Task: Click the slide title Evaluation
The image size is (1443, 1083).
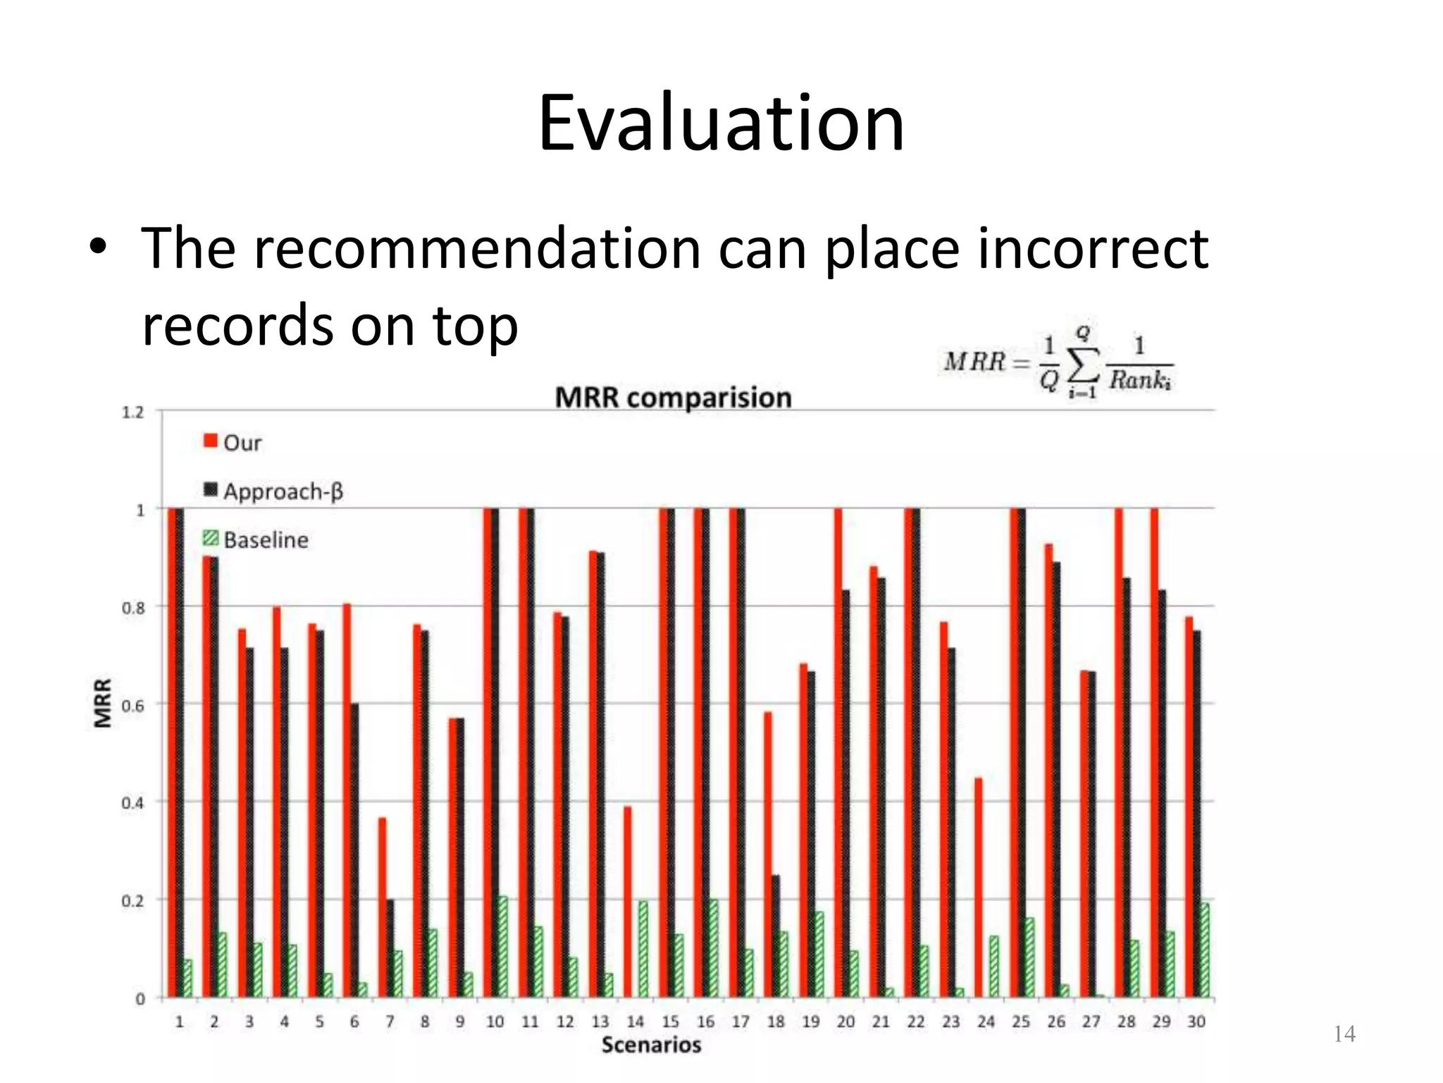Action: click(x=721, y=124)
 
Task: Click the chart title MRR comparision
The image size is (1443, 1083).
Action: click(x=673, y=398)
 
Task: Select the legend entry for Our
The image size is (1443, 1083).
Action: click(x=233, y=443)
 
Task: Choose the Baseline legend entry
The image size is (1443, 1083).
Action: click(x=256, y=540)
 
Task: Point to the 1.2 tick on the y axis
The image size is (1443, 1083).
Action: click(x=133, y=412)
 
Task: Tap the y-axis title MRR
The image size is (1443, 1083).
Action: click(x=104, y=703)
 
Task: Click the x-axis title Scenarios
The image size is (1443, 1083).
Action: click(x=651, y=1045)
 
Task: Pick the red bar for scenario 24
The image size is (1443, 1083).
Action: click(x=979, y=888)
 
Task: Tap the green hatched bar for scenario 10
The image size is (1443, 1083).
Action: click(x=502, y=947)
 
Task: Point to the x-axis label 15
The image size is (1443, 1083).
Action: click(x=670, y=1022)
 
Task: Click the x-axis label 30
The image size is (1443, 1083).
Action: click(x=1196, y=1022)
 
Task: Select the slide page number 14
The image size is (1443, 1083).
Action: click(x=1344, y=1034)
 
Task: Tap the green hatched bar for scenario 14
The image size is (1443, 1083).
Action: click(x=643, y=949)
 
